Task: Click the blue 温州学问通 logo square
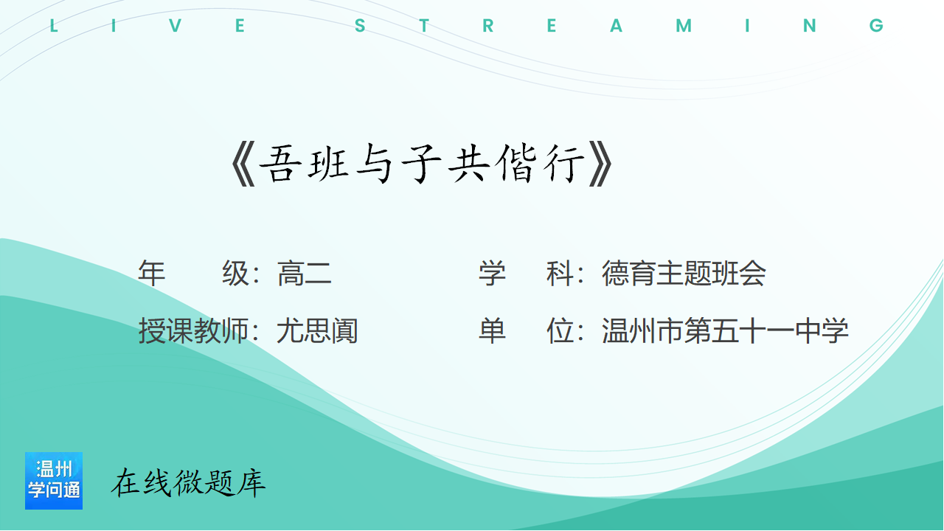click(54, 481)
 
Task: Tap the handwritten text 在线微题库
click(188, 482)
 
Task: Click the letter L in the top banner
click(54, 26)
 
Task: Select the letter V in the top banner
click(176, 26)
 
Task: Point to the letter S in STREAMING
click(360, 26)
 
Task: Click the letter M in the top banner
click(684, 26)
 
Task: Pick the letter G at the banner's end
click(876, 26)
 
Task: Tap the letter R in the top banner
click(488, 26)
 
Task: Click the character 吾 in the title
click(280, 164)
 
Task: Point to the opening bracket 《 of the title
click(243, 164)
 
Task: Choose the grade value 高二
click(305, 274)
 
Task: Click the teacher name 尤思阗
click(317, 331)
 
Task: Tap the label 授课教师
click(193, 331)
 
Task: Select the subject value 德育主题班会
click(684, 274)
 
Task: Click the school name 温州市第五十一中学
click(725, 331)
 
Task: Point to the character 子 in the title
click(421, 164)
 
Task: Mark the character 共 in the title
click(468, 164)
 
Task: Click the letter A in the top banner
click(616, 26)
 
